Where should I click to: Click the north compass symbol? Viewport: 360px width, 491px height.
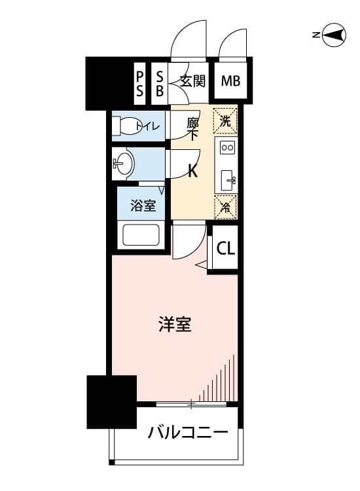pyautogui.click(x=334, y=35)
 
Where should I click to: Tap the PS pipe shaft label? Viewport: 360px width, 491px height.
pyautogui.click(x=139, y=84)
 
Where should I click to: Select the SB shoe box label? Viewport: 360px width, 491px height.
pyautogui.click(x=160, y=84)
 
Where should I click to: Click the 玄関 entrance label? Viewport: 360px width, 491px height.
pyautogui.click(x=193, y=81)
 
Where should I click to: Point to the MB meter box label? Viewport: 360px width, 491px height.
pyautogui.click(x=230, y=81)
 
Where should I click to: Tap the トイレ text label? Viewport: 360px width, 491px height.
pyautogui.click(x=148, y=126)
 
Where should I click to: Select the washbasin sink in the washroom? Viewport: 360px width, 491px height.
pyautogui.click(x=123, y=163)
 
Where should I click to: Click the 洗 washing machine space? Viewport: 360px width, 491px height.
pyautogui.click(x=225, y=121)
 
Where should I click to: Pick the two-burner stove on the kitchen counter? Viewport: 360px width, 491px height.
pyautogui.click(x=227, y=147)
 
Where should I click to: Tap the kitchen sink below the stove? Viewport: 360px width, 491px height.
pyautogui.click(x=227, y=181)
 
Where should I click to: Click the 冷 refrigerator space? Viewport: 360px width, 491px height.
pyautogui.click(x=225, y=207)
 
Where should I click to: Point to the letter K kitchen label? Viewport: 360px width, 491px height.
pyautogui.click(x=192, y=171)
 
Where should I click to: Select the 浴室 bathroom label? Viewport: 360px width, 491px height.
pyautogui.click(x=143, y=206)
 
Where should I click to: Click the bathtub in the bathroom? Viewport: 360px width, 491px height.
pyautogui.click(x=141, y=235)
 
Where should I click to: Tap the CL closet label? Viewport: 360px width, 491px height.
pyautogui.click(x=226, y=249)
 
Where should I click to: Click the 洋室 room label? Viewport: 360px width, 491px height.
pyautogui.click(x=175, y=324)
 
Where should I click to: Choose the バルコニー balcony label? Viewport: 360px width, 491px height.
pyautogui.click(x=188, y=433)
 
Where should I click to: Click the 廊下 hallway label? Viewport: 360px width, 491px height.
pyautogui.click(x=192, y=129)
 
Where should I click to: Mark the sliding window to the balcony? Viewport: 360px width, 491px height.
pyautogui.click(x=191, y=405)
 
